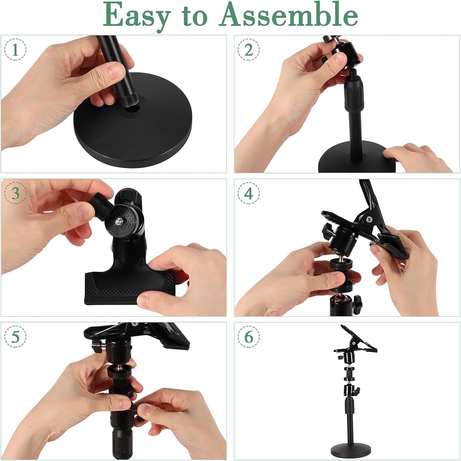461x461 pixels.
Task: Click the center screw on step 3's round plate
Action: coord(118,220)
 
